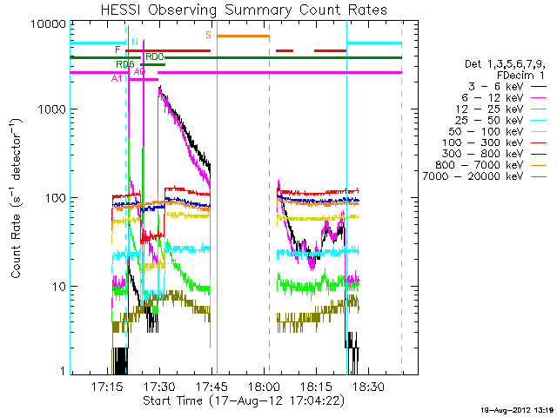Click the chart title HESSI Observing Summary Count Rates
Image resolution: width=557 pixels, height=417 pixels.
tap(244, 10)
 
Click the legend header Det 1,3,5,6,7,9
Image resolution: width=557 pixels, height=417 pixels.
tap(503, 63)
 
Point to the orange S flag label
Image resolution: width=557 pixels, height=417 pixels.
tap(209, 35)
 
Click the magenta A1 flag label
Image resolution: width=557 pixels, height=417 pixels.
tap(117, 79)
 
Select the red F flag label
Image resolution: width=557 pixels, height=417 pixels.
tap(117, 50)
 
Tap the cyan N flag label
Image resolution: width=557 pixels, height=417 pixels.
tap(134, 42)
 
